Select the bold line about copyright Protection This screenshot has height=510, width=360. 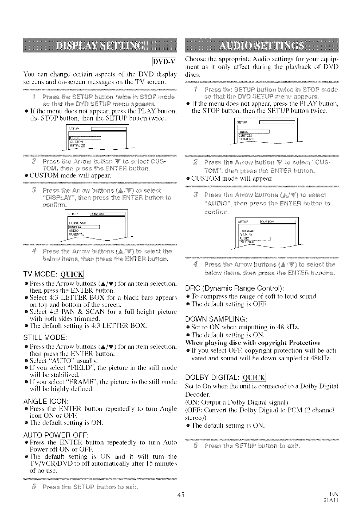252,342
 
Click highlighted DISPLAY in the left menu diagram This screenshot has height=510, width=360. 75,227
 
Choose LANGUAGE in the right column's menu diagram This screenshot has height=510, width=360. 247,231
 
